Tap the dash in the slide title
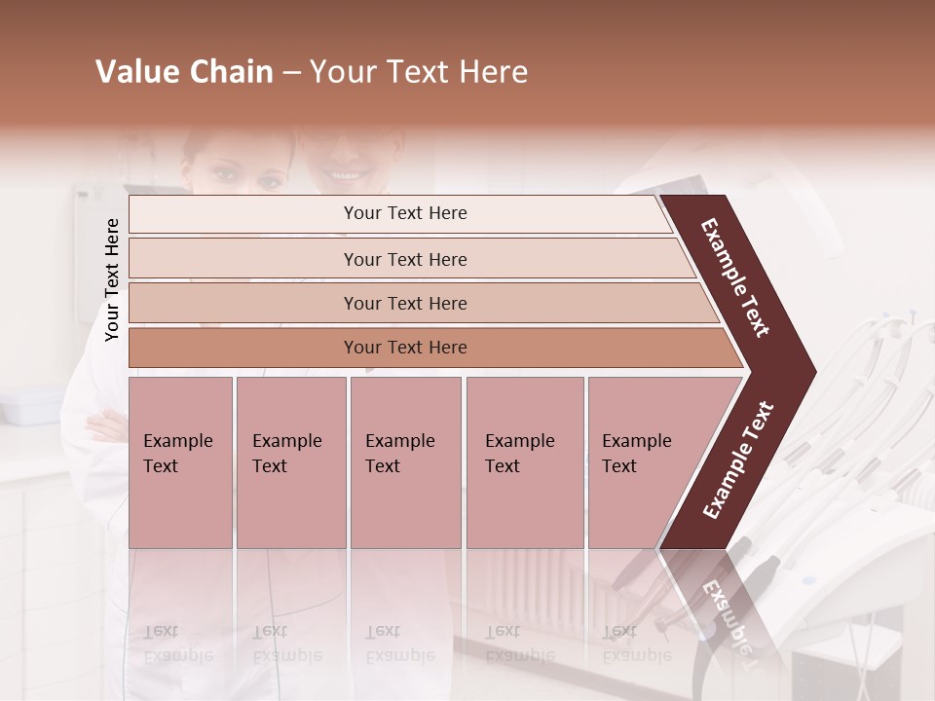291,73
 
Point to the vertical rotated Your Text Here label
112,279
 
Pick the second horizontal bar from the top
405,259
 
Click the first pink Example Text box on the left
180,462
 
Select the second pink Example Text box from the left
291,462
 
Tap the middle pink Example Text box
405,462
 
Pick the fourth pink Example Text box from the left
525,462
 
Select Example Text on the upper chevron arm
735,277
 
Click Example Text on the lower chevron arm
738,461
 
